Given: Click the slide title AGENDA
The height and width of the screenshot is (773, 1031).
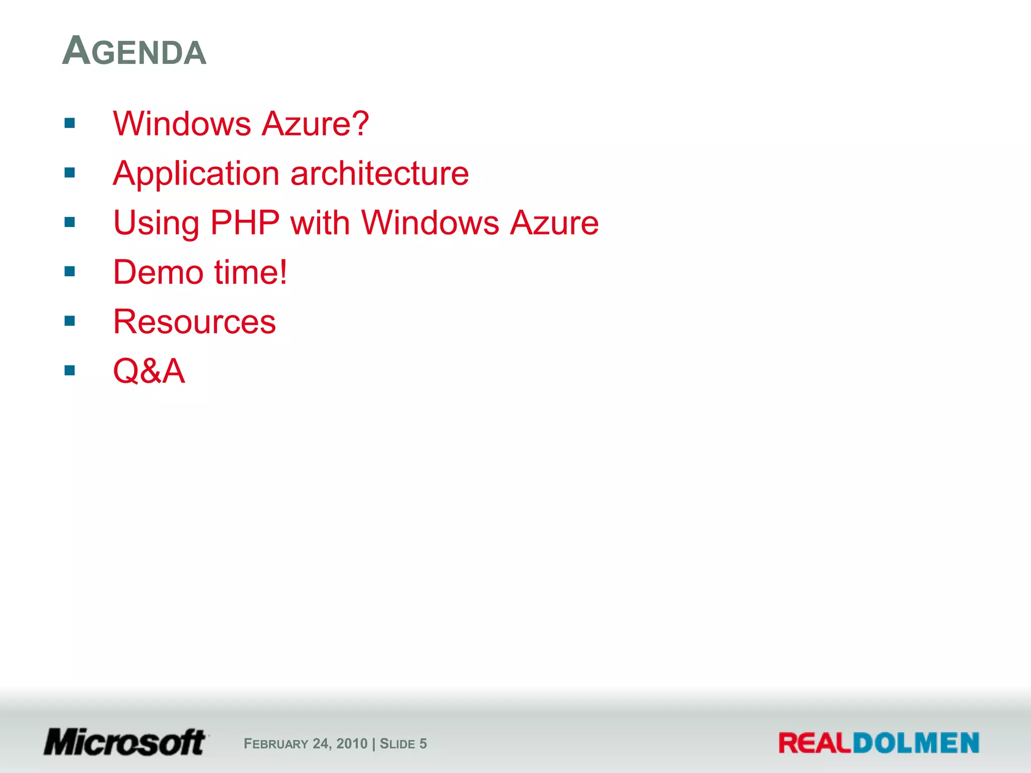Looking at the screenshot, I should coord(134,51).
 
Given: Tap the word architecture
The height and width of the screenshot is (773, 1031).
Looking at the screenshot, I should coord(380,174).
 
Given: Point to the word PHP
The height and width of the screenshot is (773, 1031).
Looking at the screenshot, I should coord(245,222).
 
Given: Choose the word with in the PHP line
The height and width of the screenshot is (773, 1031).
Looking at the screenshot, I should coord(320,222).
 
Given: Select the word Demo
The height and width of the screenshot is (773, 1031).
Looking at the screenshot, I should coord(158,272).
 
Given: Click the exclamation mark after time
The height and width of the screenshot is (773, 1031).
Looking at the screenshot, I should coord(283,272).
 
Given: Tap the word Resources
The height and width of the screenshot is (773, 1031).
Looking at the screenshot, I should coord(194,322).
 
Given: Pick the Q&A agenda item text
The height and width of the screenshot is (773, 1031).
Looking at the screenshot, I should coord(149,371).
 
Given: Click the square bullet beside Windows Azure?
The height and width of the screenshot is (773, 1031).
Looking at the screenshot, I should coord(69,123).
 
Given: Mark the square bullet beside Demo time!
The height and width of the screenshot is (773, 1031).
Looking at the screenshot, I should coord(69,272).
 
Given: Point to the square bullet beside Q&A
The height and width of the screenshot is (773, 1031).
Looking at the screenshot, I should coord(69,371).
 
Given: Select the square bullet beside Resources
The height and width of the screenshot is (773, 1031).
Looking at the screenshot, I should coord(69,321).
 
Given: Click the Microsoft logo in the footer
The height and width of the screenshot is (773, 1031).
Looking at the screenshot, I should coord(125,742).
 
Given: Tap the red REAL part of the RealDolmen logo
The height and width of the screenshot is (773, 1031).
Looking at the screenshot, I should coord(815,743).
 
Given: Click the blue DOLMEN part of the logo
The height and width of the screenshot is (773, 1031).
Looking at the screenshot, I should coord(916,743).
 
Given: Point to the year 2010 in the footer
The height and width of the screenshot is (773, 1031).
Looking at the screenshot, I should coord(352,744).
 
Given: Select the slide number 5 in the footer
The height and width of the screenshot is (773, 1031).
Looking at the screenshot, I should coord(423,744).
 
